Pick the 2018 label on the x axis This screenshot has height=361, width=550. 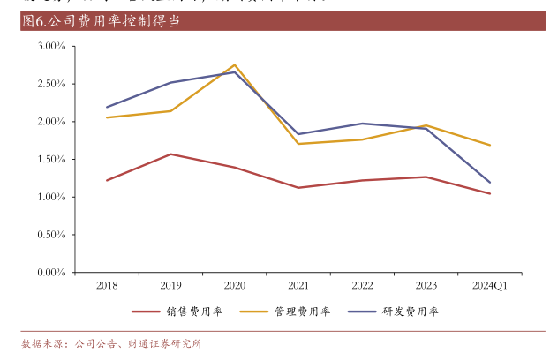107,285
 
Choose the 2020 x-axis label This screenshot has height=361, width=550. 235,285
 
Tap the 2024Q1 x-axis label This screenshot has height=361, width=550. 490,285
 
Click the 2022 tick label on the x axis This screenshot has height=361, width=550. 362,285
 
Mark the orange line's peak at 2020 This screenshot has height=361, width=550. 235,64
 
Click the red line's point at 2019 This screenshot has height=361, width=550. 170,154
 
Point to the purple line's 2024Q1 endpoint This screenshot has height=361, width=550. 490,183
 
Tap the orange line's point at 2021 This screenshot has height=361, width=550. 298,144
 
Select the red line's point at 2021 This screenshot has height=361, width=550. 298,187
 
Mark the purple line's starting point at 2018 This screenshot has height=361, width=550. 107,107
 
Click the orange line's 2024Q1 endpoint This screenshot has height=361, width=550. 490,145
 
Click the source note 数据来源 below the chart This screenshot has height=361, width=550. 111,343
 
